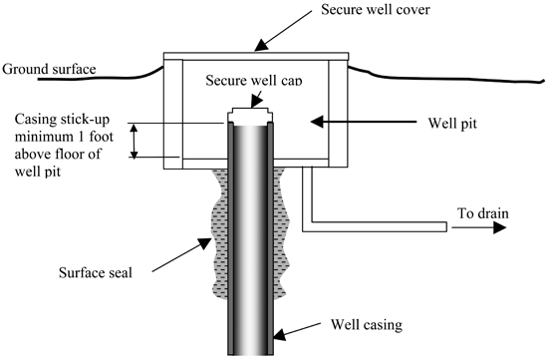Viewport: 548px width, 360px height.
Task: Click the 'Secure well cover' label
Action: tap(376, 9)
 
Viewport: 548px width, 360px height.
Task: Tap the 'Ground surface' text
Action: tap(49, 69)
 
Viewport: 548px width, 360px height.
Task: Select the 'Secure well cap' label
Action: tap(254, 80)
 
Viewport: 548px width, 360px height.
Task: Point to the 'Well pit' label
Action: tap(452, 124)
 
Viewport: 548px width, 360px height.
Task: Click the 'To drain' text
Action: tap(483, 213)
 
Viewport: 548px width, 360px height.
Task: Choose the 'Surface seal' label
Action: tap(96, 272)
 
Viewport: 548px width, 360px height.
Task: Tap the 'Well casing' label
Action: tap(367, 325)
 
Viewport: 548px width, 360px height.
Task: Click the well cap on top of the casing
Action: tap(249, 115)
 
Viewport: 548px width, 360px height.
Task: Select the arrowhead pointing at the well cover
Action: tap(260, 46)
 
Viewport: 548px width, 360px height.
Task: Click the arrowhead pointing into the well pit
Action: tap(317, 122)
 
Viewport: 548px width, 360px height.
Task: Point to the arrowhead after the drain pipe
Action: tap(500, 227)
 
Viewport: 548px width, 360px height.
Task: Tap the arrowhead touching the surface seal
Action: tap(205, 242)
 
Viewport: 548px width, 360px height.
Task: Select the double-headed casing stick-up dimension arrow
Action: tap(135, 141)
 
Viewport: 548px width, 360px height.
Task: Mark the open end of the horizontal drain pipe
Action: tap(446, 226)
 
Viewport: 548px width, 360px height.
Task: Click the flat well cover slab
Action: tap(256, 56)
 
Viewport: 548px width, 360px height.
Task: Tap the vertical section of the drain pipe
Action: tap(307, 198)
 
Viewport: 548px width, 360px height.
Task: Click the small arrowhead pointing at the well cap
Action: tap(256, 102)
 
